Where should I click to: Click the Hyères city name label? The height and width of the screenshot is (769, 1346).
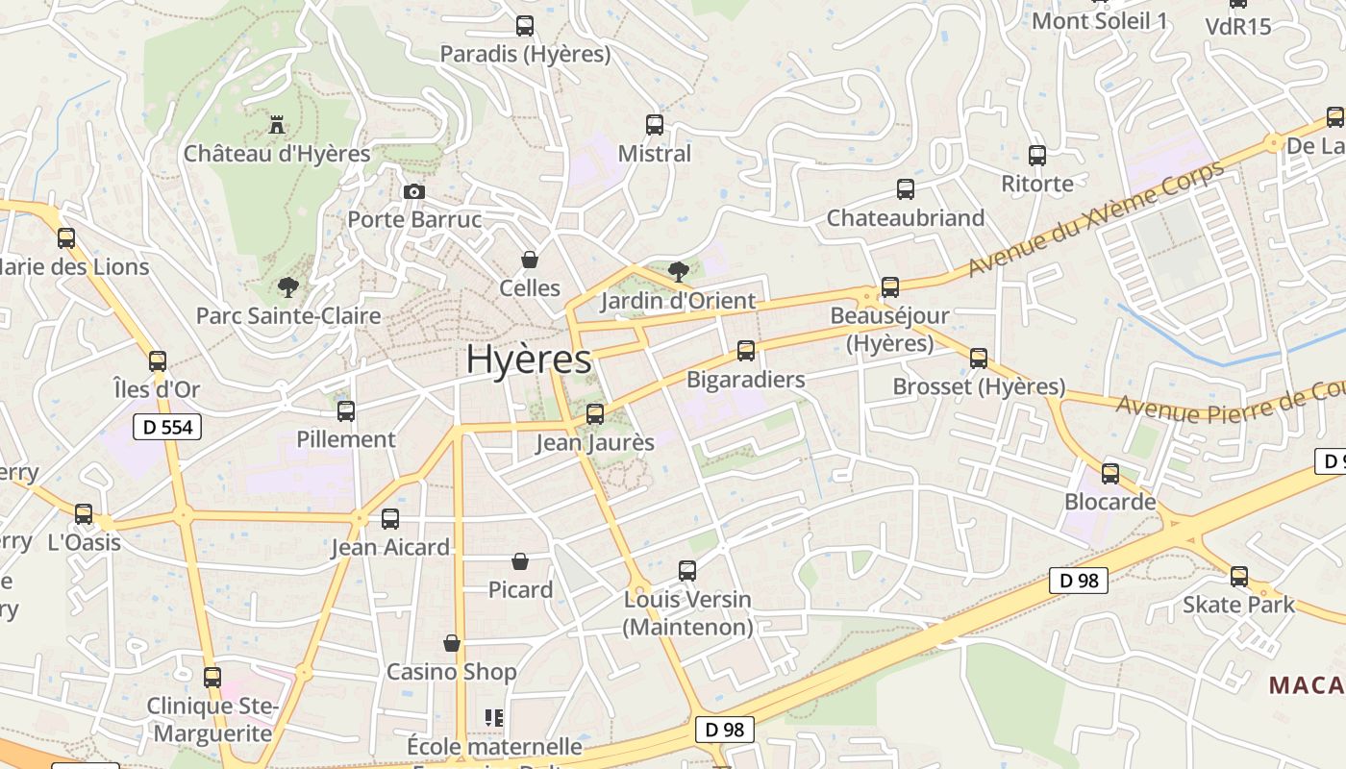point(529,360)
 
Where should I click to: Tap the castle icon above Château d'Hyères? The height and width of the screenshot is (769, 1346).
point(277,124)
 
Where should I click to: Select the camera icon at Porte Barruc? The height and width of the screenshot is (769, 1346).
point(414,191)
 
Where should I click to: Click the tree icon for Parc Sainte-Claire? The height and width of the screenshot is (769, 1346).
point(287,285)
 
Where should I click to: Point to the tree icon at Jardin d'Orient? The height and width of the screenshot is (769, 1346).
point(678,271)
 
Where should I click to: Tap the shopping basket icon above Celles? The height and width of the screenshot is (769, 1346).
point(529,259)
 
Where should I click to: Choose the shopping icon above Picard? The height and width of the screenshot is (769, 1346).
point(520,560)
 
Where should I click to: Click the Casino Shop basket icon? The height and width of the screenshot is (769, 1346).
point(452,642)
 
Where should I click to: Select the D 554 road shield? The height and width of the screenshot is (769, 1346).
point(167,427)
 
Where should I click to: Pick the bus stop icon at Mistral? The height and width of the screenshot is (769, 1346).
point(655,124)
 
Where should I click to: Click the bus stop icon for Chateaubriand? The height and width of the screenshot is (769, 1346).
point(906,188)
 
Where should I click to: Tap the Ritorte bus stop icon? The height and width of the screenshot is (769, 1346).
point(1037,155)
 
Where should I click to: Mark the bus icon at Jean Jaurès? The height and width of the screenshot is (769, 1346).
point(595,413)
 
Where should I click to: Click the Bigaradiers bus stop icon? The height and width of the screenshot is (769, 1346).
point(746,350)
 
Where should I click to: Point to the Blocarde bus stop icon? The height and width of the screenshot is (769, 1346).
point(1110,473)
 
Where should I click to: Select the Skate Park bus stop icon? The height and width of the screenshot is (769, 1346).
point(1239,576)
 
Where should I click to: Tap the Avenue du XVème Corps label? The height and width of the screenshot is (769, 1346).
point(1095,218)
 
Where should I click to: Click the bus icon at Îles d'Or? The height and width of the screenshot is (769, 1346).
point(158,360)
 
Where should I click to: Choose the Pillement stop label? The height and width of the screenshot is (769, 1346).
point(346,439)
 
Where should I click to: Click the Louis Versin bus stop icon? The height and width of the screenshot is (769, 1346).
point(687,570)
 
